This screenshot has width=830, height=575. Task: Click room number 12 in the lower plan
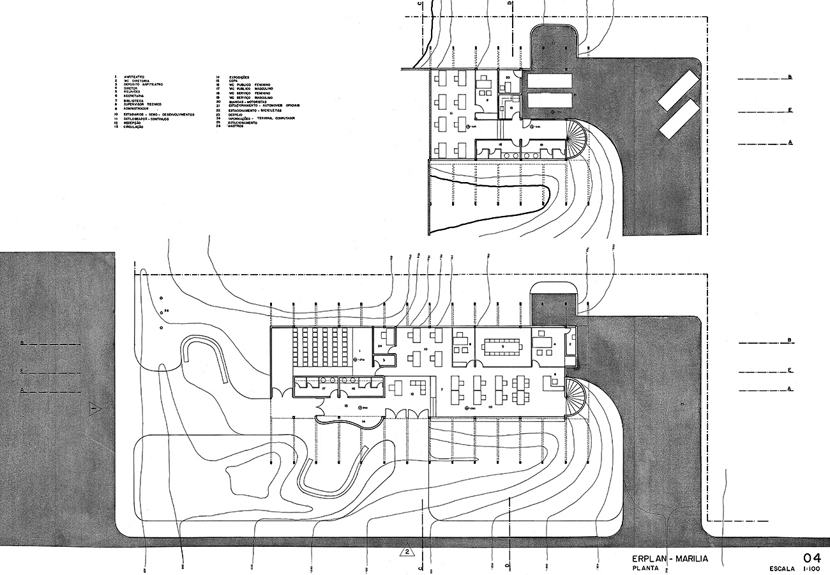tap(413, 394)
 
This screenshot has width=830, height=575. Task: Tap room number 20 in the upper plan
tap(506, 77)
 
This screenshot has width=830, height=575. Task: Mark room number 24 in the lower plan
tap(379, 346)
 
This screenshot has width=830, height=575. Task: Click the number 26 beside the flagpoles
tap(166, 311)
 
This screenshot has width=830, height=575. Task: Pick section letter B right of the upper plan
tap(790, 77)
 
